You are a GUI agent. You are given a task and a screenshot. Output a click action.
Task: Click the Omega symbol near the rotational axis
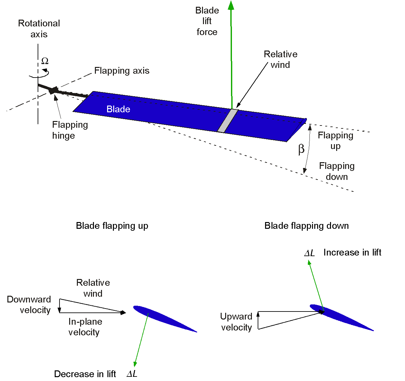click(45, 61)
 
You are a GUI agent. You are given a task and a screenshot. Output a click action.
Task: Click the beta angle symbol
click(301, 149)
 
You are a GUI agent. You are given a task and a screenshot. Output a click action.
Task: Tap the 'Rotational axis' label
click(39, 29)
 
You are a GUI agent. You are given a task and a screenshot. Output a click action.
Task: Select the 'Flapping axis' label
click(122, 71)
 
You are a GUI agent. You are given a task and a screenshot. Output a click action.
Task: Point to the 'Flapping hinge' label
click(70, 130)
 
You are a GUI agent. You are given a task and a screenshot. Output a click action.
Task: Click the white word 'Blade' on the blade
click(118, 109)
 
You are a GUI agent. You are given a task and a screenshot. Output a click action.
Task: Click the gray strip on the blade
click(228, 121)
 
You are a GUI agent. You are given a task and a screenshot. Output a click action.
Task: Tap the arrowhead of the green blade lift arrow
click(231, 5)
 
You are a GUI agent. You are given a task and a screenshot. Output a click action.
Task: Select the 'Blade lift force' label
click(207, 21)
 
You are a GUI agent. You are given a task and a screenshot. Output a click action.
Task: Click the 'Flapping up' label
click(335, 141)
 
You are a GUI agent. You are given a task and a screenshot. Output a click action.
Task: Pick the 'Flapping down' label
click(336, 171)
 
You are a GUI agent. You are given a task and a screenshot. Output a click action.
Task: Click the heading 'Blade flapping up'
click(112, 226)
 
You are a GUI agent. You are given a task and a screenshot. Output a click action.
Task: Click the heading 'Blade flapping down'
click(306, 226)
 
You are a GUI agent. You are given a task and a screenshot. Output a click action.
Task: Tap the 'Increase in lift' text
click(352, 253)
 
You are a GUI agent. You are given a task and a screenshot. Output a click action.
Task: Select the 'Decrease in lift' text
click(85, 374)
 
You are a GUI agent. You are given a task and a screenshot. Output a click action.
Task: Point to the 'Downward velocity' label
click(29, 305)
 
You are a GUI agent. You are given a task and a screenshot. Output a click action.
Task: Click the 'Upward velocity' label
click(236, 322)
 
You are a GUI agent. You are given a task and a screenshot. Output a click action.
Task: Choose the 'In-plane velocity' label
click(85, 327)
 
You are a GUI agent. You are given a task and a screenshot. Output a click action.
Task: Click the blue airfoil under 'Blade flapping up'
click(164, 318)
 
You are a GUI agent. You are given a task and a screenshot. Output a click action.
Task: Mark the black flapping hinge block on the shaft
click(53, 90)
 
